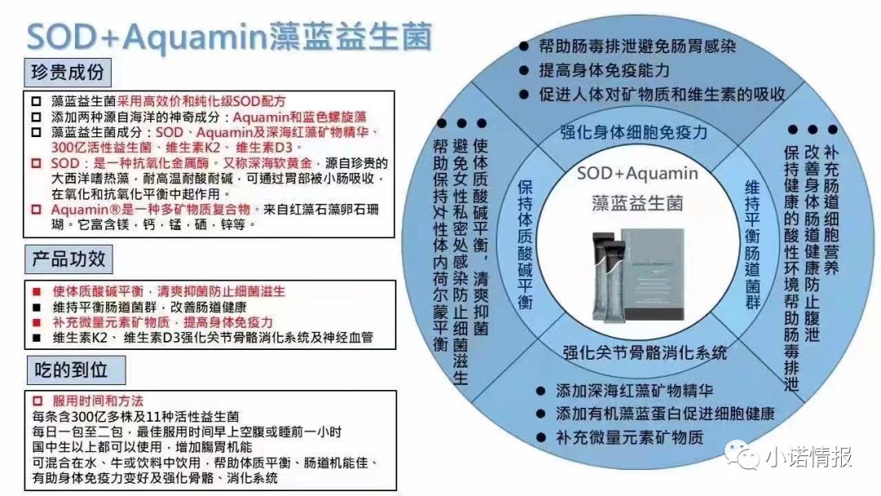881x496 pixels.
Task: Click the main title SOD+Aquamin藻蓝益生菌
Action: coord(229,36)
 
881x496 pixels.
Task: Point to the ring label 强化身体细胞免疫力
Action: coord(633,132)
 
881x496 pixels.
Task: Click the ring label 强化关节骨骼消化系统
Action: coord(644,352)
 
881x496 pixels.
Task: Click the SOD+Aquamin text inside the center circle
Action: coord(637,173)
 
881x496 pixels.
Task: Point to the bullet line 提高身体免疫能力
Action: coord(604,70)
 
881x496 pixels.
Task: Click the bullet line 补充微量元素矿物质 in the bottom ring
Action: coord(629,436)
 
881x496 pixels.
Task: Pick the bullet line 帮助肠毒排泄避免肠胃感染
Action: coord(637,46)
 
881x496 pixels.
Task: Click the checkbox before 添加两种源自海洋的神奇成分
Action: coord(35,116)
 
